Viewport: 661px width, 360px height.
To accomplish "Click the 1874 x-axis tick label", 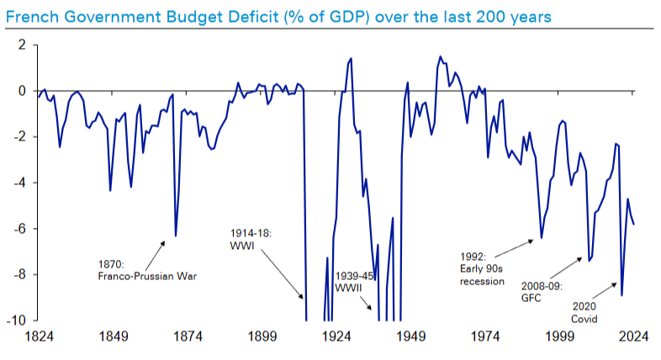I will click(187, 337).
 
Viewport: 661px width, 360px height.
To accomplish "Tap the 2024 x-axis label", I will click(632, 337).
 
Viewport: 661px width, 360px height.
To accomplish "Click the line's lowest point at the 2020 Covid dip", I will click(621, 295).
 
